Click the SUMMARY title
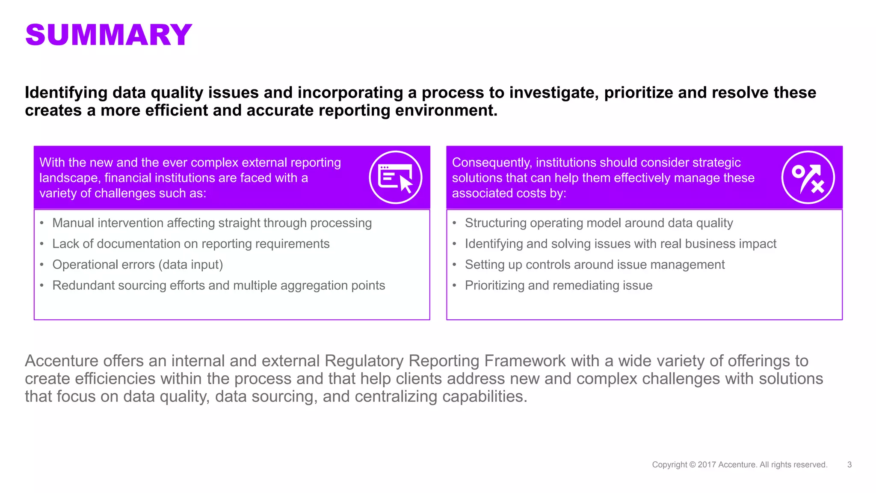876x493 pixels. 109,35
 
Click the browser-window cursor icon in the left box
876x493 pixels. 395,177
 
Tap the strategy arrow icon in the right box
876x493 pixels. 808,177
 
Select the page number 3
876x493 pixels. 849,465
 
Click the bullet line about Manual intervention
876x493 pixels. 212,223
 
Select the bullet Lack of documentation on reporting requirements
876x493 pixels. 191,244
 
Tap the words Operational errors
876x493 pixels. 104,265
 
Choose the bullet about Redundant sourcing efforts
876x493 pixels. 219,285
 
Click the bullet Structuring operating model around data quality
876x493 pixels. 599,223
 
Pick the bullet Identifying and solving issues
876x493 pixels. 620,244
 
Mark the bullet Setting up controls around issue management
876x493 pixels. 595,265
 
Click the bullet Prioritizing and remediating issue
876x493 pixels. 559,285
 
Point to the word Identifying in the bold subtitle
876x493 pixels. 66,93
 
